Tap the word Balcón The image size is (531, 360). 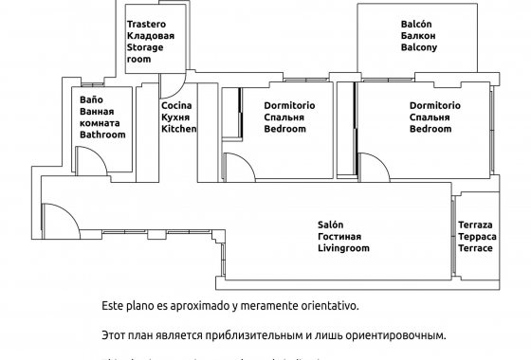tap(417, 23)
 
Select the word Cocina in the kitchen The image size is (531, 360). tap(176, 105)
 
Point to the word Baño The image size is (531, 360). tap(91, 99)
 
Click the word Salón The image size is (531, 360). tap(330, 225)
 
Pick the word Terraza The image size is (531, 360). tap(474, 225)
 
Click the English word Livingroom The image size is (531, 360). tap(343, 248)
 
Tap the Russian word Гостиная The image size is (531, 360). tap(339, 237)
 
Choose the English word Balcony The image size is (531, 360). tap(419, 46)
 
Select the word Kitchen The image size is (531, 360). tap(178, 128)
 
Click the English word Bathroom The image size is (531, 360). tap(102, 135)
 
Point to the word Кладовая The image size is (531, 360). tap(151, 35)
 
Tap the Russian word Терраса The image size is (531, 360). tap(475, 236)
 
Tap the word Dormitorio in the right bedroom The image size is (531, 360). tap(435, 105)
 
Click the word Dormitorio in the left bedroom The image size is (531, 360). tap(290, 105)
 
